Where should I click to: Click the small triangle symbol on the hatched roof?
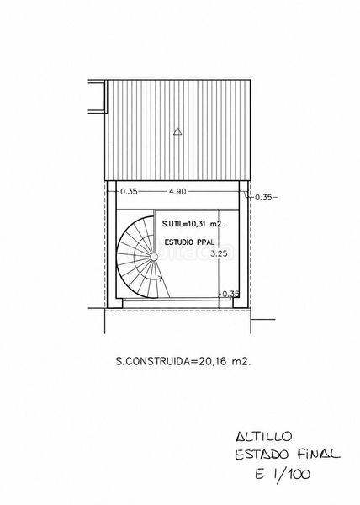click(x=177, y=131)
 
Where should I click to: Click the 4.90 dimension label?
click(x=177, y=191)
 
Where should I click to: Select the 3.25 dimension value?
click(x=219, y=253)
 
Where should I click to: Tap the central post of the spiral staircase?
click(x=154, y=257)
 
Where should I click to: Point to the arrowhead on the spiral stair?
click(x=159, y=278)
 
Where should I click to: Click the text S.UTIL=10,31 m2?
click(x=193, y=224)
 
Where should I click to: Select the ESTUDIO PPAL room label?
click(x=189, y=242)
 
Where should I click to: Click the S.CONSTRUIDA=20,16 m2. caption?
click(x=183, y=361)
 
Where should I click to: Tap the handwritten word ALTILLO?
click(x=263, y=437)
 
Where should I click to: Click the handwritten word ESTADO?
click(x=262, y=454)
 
